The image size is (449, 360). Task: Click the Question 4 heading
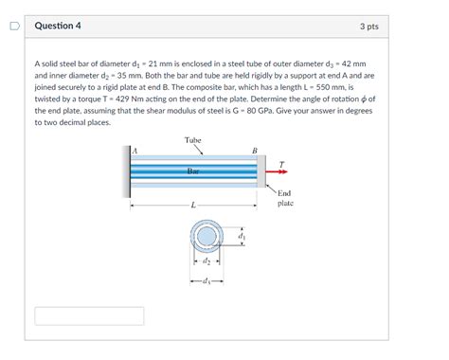tap(58, 26)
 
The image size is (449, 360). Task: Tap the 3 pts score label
tap(369, 27)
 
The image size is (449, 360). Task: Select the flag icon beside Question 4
tap(14, 26)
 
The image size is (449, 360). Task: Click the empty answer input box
tap(89, 315)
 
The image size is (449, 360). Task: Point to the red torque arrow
tap(277, 171)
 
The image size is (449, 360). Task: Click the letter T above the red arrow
tap(281, 165)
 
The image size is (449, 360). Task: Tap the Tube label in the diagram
tap(193, 140)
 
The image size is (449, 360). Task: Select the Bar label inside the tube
tap(193, 171)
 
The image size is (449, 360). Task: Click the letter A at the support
tap(135, 151)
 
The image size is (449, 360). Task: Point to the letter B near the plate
tap(255, 151)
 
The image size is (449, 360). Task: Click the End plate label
tap(285, 198)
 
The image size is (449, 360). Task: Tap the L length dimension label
tap(193, 206)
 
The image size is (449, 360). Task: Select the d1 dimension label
tap(242, 236)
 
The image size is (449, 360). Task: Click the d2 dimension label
tap(207, 261)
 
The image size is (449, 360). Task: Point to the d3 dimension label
tap(206, 280)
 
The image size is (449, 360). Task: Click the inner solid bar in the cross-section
tap(207, 236)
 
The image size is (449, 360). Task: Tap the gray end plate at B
tap(261, 171)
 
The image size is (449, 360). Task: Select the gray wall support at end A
tap(126, 171)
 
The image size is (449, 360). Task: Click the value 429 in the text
tap(122, 99)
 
